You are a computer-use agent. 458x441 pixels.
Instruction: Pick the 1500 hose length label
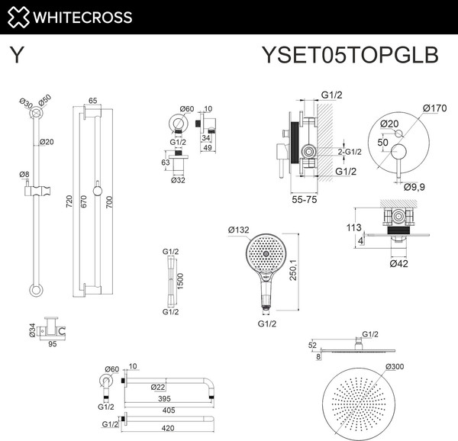[x=179, y=281]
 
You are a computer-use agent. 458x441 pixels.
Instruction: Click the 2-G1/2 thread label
[x=350, y=152]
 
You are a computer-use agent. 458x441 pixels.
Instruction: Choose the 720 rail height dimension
[x=69, y=203]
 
